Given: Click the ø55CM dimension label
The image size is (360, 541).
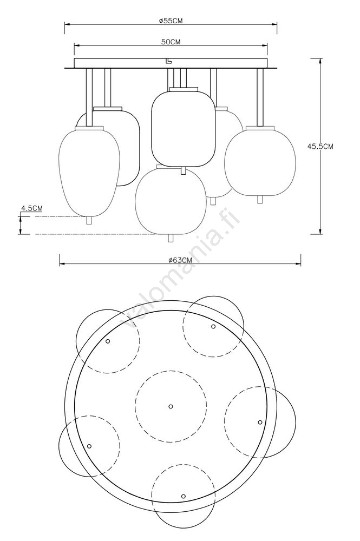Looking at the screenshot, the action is pos(171,21).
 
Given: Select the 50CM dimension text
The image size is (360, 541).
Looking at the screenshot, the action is pos(171,42).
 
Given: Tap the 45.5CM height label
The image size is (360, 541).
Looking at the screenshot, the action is pos(320,146).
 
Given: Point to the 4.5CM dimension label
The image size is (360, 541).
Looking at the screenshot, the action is pos(32,208).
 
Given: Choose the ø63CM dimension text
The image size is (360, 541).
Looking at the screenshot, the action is pos(180,261).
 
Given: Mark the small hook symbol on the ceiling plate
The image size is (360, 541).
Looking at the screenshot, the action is pos(168,61).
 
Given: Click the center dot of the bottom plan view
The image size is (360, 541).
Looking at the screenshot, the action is pos(171,406).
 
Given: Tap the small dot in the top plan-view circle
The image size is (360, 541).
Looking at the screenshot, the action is pos(213,326).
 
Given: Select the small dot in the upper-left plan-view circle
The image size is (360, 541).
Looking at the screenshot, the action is pos(108,341).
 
